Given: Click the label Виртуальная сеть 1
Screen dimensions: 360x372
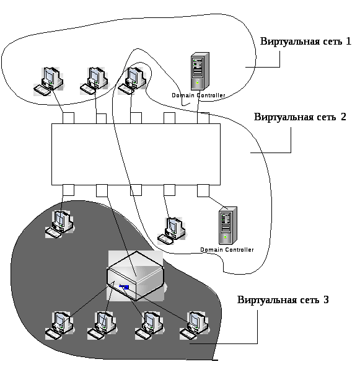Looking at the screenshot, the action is [x=305, y=42].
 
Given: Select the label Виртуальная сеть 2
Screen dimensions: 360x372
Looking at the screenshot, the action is [x=300, y=117].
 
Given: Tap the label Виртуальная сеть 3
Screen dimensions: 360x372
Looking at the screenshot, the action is [x=283, y=300].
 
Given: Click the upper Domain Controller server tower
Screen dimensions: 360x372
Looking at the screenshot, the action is [x=200, y=71].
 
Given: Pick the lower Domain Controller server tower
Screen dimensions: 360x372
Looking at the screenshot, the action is [x=227, y=226].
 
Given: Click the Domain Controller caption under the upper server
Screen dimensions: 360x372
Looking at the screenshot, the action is [x=198, y=95].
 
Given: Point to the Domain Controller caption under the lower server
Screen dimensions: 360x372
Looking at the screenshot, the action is [x=227, y=250].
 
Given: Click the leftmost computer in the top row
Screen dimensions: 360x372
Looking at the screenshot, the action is [x=48, y=81].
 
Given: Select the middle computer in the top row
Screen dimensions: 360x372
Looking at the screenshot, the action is [x=94, y=81].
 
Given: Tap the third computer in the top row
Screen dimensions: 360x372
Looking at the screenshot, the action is [x=132, y=81].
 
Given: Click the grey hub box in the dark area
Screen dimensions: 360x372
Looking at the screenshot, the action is [x=136, y=276].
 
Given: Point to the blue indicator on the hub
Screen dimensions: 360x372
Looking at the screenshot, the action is [x=124, y=287].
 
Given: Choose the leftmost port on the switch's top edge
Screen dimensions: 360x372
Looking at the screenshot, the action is [x=68, y=118].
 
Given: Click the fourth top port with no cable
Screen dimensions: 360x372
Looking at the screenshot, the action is [x=169, y=118].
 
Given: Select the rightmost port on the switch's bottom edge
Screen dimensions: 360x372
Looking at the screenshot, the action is [x=203, y=190].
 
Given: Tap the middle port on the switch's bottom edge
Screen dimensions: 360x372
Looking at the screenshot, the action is [x=136, y=190].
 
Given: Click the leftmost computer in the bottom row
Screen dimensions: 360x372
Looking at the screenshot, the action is [x=59, y=325].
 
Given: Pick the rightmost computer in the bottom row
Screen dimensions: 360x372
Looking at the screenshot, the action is [x=195, y=325].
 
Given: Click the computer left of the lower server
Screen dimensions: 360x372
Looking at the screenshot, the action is [x=172, y=231].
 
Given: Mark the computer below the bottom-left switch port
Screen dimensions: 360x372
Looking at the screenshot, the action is [x=59, y=224].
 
